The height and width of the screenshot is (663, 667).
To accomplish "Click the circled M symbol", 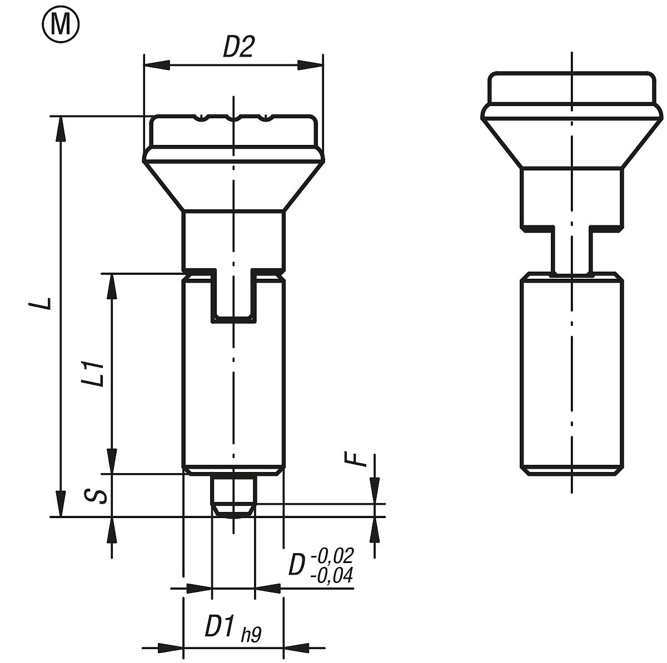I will (x=61, y=24).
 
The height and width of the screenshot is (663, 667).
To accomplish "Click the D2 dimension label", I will (x=238, y=48).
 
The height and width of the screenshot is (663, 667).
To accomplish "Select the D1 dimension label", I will (x=220, y=627).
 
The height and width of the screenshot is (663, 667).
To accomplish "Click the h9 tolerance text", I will (x=251, y=634).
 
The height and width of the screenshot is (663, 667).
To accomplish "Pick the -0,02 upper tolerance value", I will (x=332, y=555).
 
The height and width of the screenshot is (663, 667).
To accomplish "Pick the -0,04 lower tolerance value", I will (x=332, y=576).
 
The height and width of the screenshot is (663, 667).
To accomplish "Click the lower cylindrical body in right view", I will (x=571, y=375).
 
